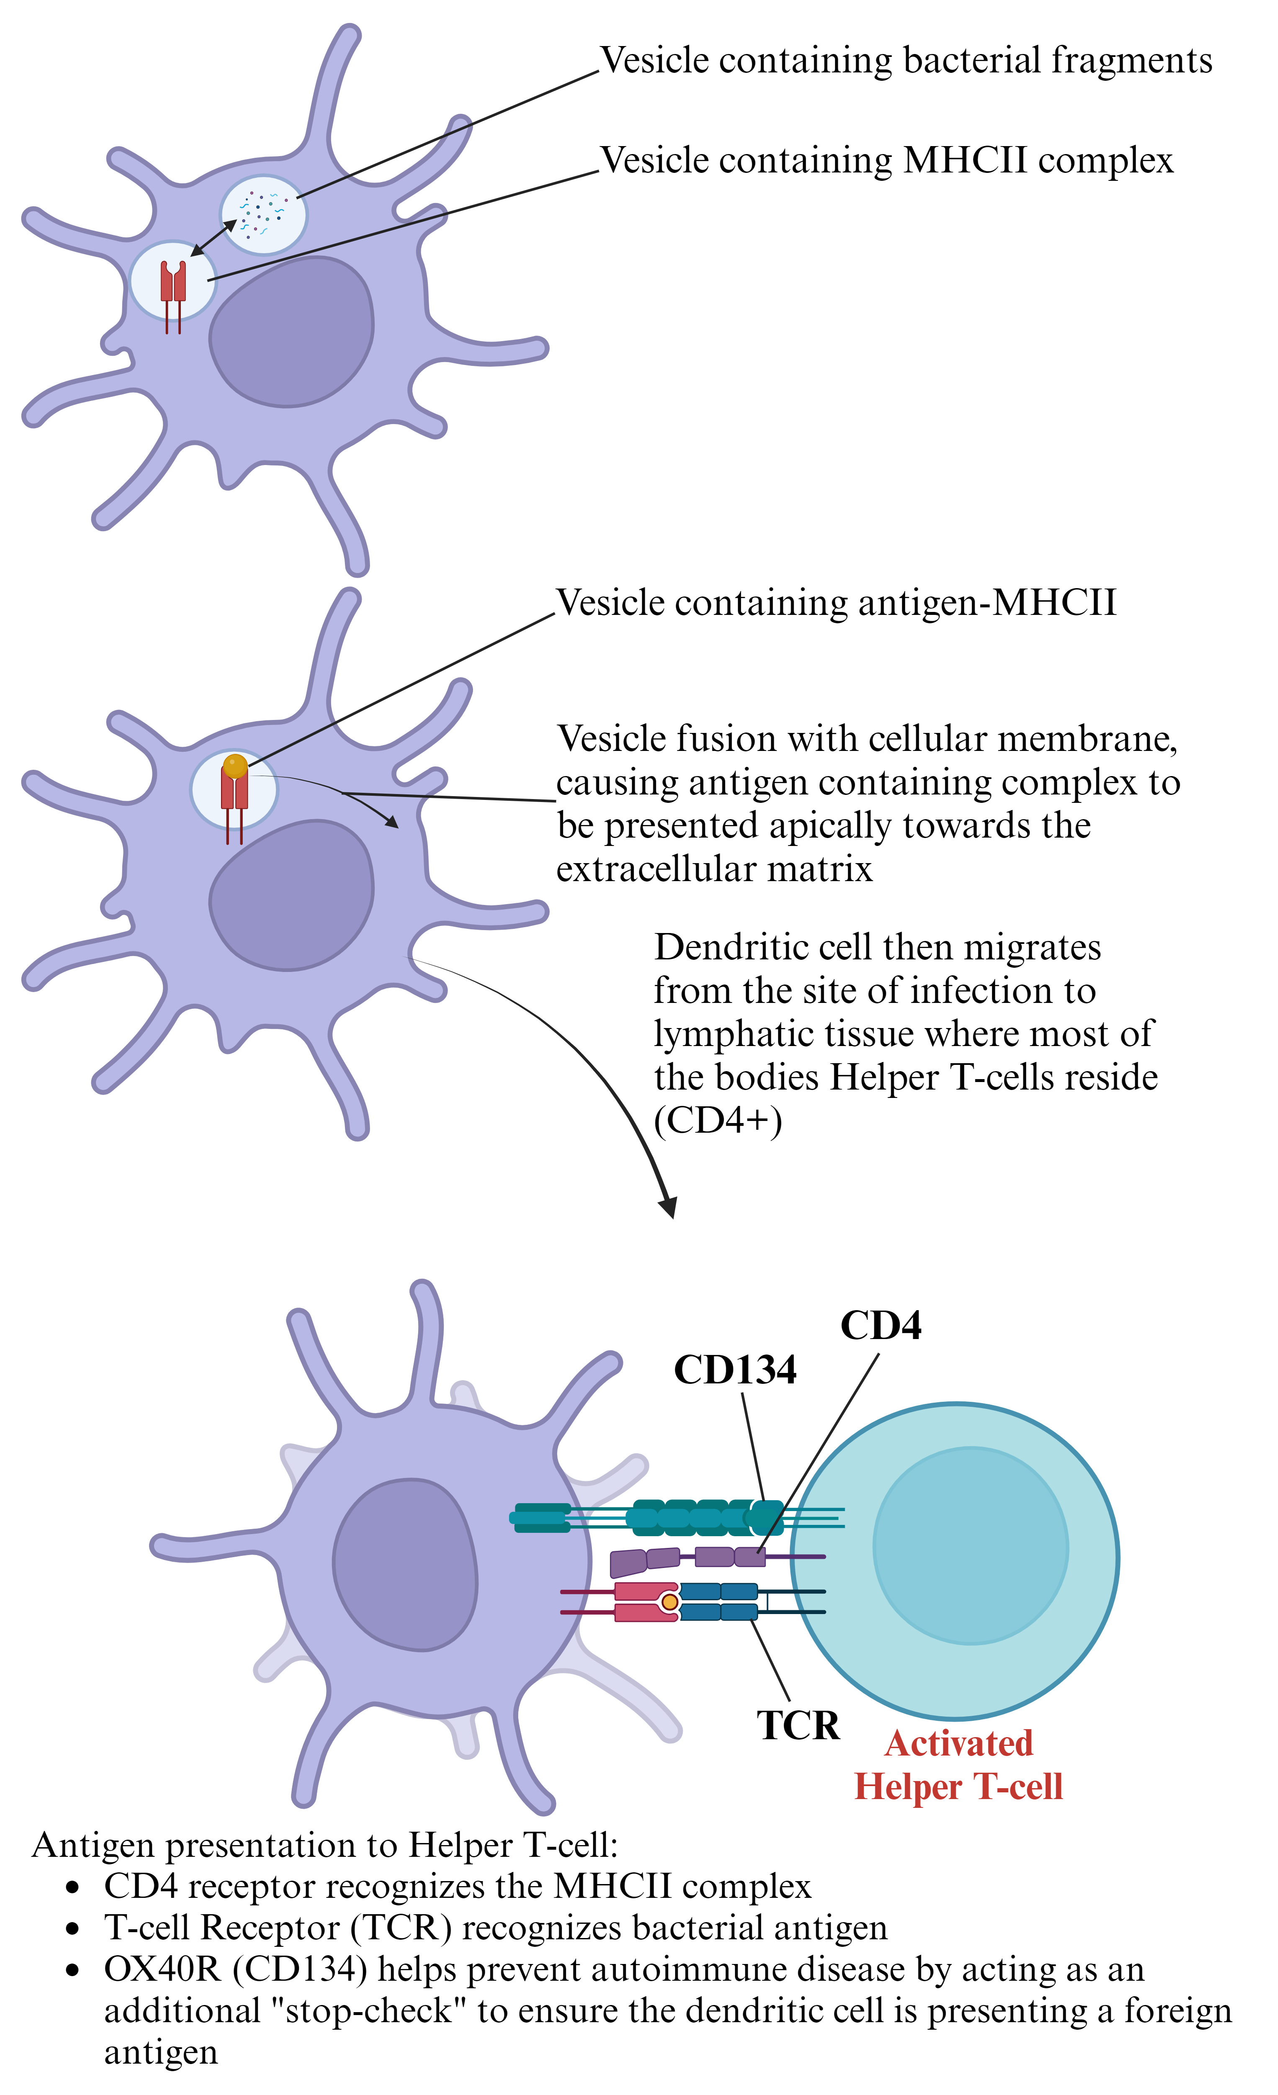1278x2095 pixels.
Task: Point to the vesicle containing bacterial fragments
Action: pos(263,214)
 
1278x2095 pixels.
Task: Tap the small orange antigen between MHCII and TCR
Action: pos(670,1602)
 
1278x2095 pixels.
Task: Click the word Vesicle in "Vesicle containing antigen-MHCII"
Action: pos(609,603)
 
